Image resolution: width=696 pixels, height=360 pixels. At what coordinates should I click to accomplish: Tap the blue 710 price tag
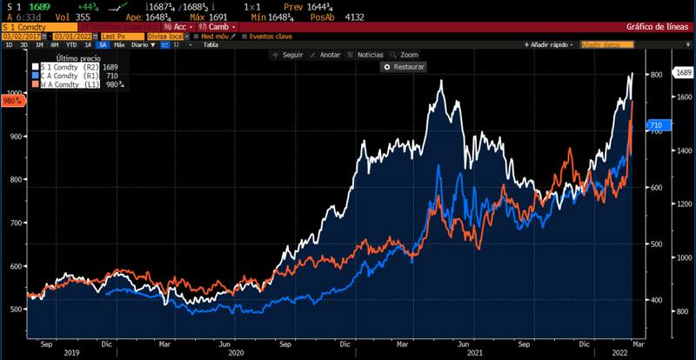tap(657, 126)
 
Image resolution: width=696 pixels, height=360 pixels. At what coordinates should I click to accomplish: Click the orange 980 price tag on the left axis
tap(11, 100)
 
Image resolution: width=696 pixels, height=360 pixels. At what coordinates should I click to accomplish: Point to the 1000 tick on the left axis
tap(14, 93)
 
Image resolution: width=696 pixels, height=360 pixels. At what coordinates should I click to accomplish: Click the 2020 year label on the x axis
tap(236, 353)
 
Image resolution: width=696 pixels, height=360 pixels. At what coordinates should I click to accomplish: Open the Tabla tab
tap(211, 44)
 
